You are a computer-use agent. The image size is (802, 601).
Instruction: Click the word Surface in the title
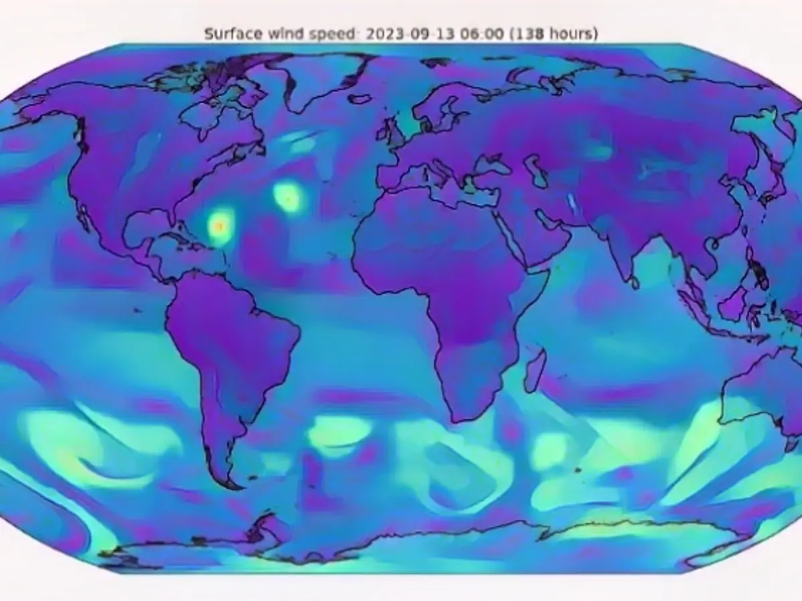tap(227, 33)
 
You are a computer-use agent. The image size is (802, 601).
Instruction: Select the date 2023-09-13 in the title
tap(393, 33)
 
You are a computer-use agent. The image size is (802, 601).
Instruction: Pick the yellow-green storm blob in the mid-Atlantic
tap(289, 197)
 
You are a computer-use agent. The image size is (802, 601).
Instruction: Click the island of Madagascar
tap(535, 371)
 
